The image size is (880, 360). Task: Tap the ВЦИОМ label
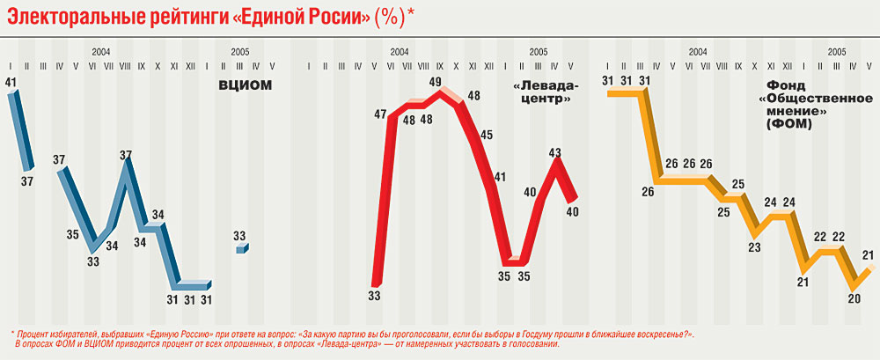click(x=246, y=85)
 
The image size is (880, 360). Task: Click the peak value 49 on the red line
click(x=435, y=82)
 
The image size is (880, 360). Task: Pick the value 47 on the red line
click(x=380, y=114)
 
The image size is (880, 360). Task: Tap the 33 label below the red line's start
click(x=374, y=297)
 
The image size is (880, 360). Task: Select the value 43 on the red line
click(x=555, y=153)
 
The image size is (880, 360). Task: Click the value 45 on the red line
click(x=487, y=135)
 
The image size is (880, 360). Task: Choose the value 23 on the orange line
click(x=754, y=246)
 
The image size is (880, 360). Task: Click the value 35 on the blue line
click(x=74, y=235)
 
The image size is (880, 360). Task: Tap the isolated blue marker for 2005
click(x=242, y=249)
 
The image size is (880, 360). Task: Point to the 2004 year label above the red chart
click(x=399, y=53)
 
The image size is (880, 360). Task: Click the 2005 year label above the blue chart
click(x=239, y=53)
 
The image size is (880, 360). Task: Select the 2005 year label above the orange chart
click(x=837, y=53)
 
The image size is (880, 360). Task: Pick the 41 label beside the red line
click(x=500, y=177)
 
